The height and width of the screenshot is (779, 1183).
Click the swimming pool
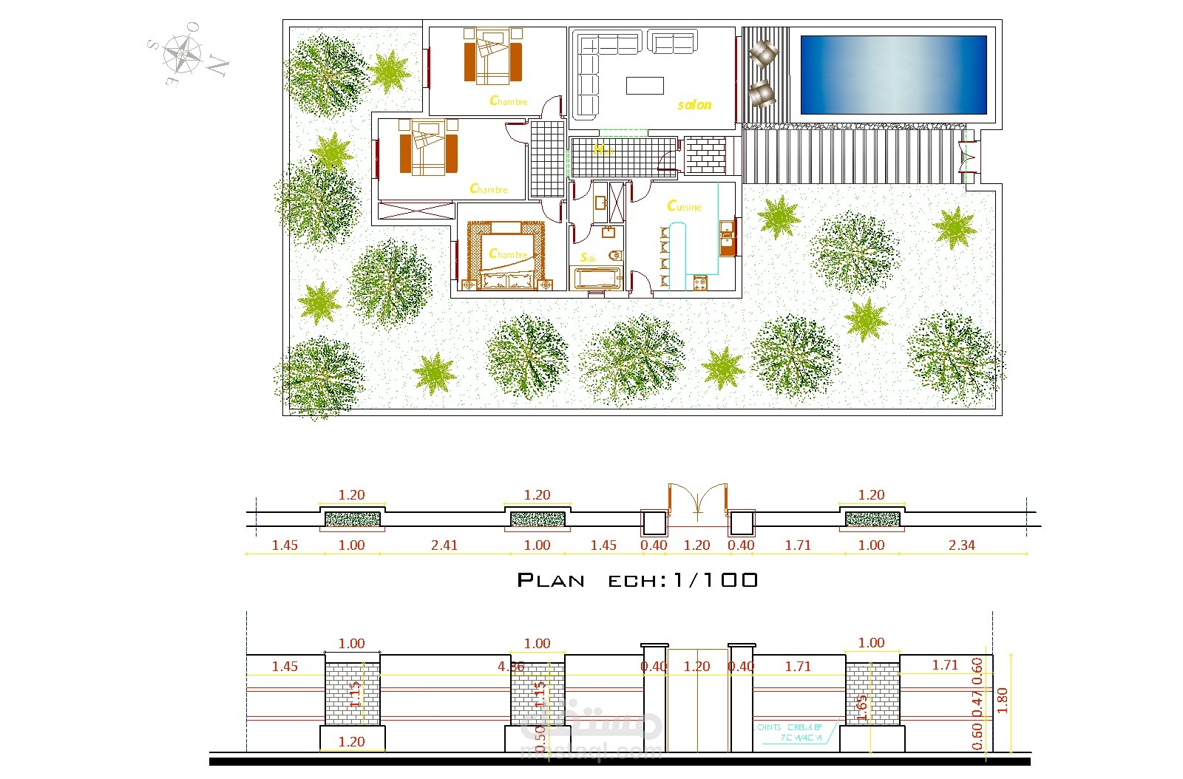tap(893, 74)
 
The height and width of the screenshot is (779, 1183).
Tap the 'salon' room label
tap(694, 105)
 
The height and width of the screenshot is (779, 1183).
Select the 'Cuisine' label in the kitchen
tap(684, 206)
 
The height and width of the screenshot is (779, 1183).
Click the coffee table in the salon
tap(645, 85)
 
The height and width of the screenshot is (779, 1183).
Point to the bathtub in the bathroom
tap(597, 279)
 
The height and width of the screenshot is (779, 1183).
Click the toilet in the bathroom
tap(614, 256)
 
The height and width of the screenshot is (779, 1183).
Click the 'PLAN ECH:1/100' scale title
tap(637, 580)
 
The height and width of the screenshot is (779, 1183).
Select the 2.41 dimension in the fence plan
tap(444, 545)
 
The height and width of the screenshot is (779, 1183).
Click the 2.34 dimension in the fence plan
tap(961, 545)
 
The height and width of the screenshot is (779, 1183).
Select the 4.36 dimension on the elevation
tap(510, 667)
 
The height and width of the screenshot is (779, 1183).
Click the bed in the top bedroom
tap(492, 56)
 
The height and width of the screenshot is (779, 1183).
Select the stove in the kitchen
tap(700, 282)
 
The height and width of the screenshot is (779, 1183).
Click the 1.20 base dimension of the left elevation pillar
tap(351, 741)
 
